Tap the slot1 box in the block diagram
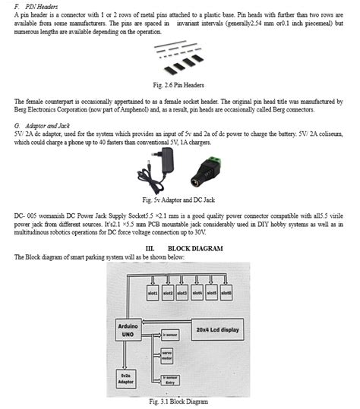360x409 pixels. pyautogui.click(x=151, y=292)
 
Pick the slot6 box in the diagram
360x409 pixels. pyautogui.click(x=226, y=292)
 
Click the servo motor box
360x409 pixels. pyautogui.click(x=169, y=354)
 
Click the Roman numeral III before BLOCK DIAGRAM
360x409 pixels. pyautogui.click(x=150, y=248)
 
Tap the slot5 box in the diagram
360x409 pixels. pyautogui.click(x=212, y=292)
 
